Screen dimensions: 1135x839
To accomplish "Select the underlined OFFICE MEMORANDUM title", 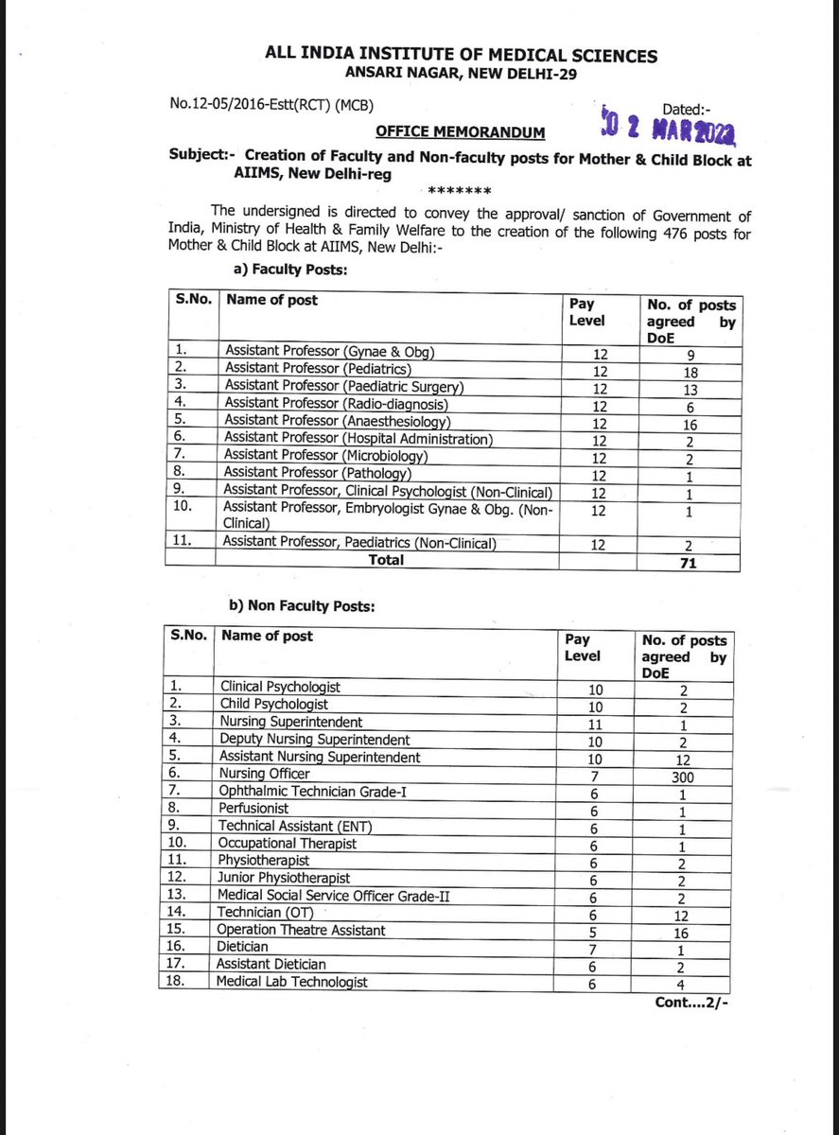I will point(460,131).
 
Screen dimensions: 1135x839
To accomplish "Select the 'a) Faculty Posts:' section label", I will point(290,271).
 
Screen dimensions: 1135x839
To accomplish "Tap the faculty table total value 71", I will point(690,562).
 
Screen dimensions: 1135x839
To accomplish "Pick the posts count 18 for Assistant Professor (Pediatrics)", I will point(690,372).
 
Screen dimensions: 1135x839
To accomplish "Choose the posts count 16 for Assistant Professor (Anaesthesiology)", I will point(690,424).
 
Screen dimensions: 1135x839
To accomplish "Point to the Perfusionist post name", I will point(254,809).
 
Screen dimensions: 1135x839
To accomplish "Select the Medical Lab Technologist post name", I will point(293,982).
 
